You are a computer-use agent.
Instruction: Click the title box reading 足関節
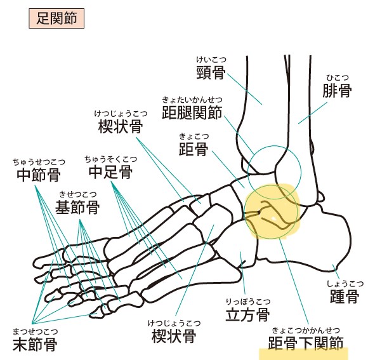tap(56, 18)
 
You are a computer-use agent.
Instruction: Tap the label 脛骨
tap(211, 73)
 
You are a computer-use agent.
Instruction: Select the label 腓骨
tap(337, 90)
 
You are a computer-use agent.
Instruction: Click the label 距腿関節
tap(192, 113)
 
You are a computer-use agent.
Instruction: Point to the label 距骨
tap(194, 149)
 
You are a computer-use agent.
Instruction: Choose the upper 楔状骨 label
tap(121, 126)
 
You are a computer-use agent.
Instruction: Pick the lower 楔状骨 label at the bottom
tap(174, 336)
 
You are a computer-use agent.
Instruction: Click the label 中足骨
tap(110, 172)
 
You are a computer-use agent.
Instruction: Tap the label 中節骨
tap(39, 175)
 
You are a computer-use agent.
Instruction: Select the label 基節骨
tap(77, 207)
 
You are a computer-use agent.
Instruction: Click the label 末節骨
tap(35, 345)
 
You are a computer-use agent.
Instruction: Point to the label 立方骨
tap(247, 314)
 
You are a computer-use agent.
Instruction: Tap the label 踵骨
tap(345, 297)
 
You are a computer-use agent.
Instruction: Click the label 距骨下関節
tap(306, 343)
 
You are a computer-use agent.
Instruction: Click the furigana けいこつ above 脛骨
tap(211, 60)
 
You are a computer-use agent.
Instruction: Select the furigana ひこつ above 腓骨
tap(338, 77)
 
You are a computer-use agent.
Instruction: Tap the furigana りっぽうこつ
tap(248, 302)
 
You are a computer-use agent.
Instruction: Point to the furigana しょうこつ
tap(345, 284)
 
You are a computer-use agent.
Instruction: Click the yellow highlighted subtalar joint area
tap(272, 211)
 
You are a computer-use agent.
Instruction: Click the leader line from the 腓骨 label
tap(313, 113)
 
